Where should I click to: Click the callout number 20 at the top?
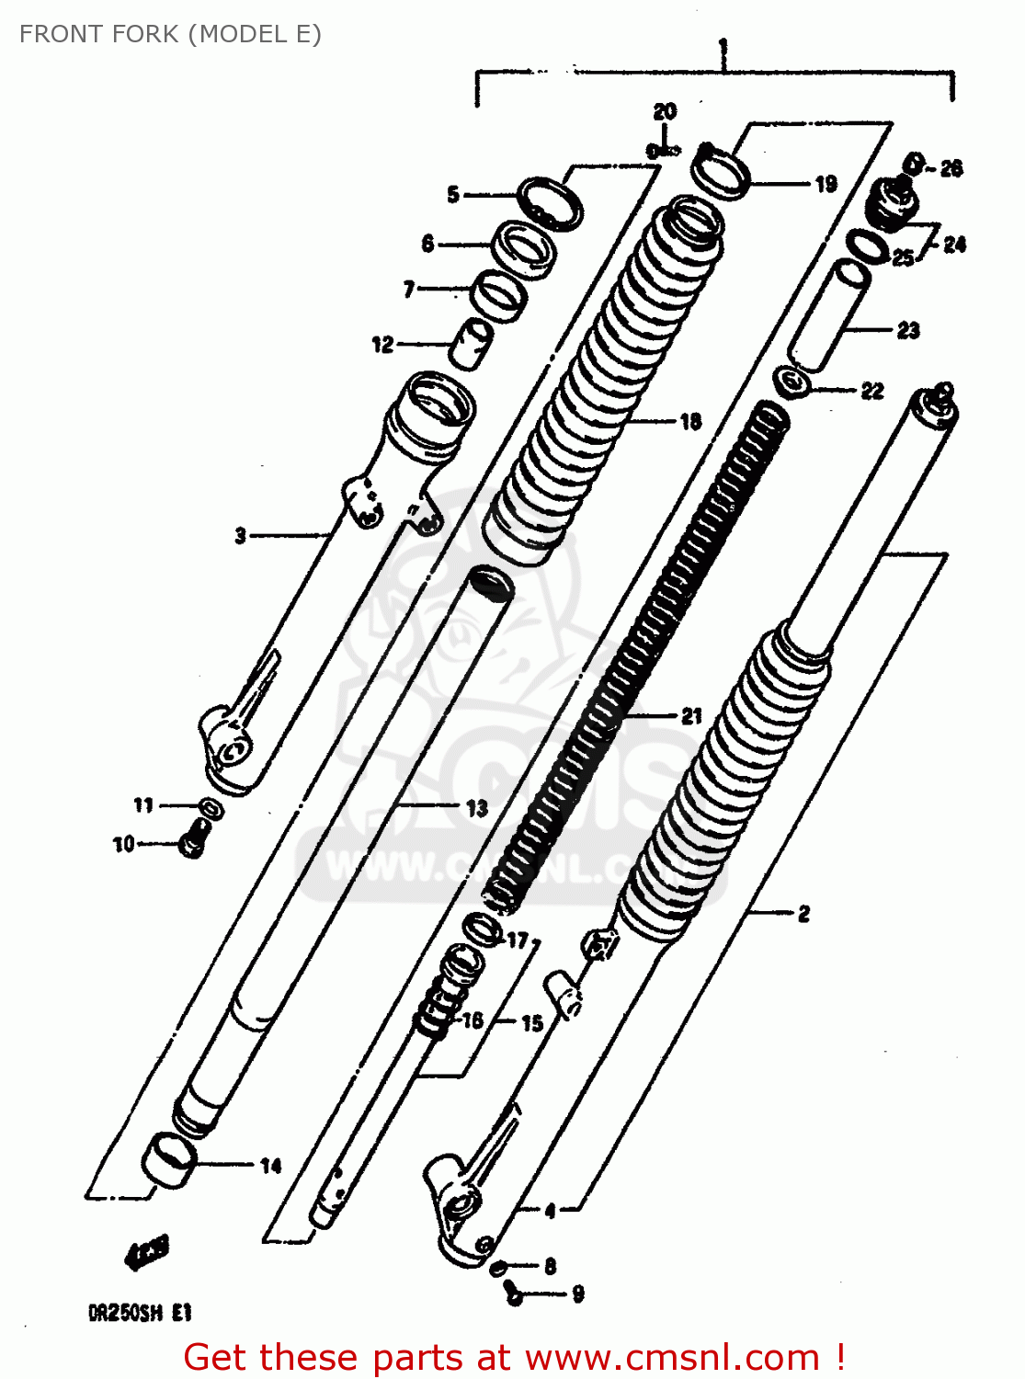tap(665, 111)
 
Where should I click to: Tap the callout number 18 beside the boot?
tap(690, 422)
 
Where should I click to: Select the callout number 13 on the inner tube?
tap(476, 808)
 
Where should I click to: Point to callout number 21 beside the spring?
tap(691, 715)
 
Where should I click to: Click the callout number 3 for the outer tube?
tap(240, 535)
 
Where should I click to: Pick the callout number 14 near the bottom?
tap(270, 1166)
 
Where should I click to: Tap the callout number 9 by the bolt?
tap(577, 1294)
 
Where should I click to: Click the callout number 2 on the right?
tap(803, 913)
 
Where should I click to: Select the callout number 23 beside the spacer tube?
tap(908, 330)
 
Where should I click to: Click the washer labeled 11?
tap(211, 809)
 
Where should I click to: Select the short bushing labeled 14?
tap(169, 1160)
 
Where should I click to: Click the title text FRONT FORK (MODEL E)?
tap(170, 34)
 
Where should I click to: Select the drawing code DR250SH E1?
tap(140, 1313)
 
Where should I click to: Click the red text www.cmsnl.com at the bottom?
tap(671, 1357)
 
